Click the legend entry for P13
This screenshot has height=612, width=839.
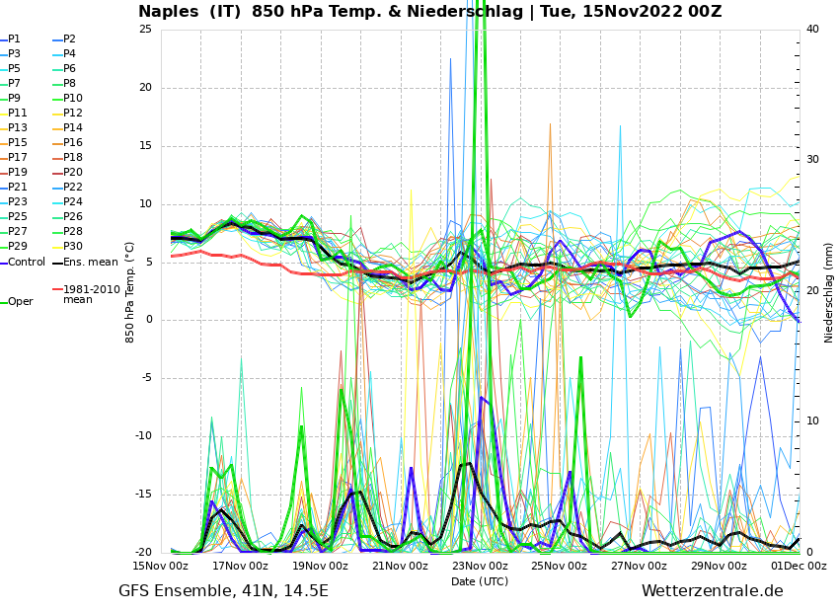[18, 128]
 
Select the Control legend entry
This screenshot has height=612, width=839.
[27, 262]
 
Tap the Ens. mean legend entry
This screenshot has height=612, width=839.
[90, 262]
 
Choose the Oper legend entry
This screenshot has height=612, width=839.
[20, 302]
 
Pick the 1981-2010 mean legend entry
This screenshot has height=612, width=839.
[91, 294]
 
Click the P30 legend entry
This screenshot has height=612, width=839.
[73, 247]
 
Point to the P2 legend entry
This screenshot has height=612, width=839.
[69, 39]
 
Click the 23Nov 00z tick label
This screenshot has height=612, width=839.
[480, 566]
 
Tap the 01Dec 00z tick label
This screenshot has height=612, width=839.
[799, 566]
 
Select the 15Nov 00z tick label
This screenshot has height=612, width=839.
[161, 566]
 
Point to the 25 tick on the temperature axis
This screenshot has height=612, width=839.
[145, 29]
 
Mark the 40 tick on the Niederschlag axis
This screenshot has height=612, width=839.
[812, 29]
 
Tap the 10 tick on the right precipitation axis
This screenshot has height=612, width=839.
[812, 421]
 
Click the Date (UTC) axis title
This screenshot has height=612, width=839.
[480, 581]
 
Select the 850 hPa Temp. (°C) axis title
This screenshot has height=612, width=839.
[130, 291]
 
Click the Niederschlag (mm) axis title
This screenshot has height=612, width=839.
[829, 291]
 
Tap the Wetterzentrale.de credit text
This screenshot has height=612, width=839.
[712, 591]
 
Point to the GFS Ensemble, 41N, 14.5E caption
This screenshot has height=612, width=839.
[223, 591]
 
